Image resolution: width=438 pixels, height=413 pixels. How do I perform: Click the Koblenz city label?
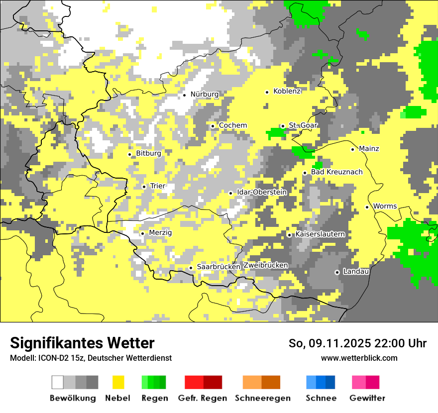tap(287, 91)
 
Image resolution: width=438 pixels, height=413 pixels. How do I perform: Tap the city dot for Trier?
tap(144, 187)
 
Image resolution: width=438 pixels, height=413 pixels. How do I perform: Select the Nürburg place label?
tap(204, 94)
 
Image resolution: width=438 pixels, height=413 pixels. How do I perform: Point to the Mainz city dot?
tap(352, 149)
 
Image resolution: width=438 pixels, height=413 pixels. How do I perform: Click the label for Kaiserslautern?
tap(320, 234)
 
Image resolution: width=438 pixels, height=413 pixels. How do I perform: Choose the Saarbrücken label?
tap(219, 267)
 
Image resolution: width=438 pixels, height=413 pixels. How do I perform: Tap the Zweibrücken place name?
tap(266, 265)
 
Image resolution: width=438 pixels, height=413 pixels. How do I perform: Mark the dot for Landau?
tap(337, 272)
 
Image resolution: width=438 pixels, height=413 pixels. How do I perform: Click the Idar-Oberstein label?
tap(262, 192)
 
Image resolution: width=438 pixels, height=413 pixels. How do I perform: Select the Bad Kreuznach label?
tap(336, 172)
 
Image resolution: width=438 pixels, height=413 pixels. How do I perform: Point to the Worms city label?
tap(385, 206)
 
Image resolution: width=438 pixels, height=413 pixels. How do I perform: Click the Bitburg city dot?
tap(130, 154)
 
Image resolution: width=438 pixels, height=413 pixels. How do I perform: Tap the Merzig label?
tap(160, 233)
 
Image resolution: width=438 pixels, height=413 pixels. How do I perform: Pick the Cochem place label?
tap(232, 125)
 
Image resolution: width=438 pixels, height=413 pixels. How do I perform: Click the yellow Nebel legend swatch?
tap(118, 382)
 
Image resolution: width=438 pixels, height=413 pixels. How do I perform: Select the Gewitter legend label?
tap(367, 398)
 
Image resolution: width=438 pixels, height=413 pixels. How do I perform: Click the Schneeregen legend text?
tap(262, 398)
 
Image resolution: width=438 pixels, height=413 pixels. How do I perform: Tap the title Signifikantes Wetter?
tap(82, 343)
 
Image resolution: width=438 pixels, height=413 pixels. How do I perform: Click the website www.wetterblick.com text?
tap(359, 358)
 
